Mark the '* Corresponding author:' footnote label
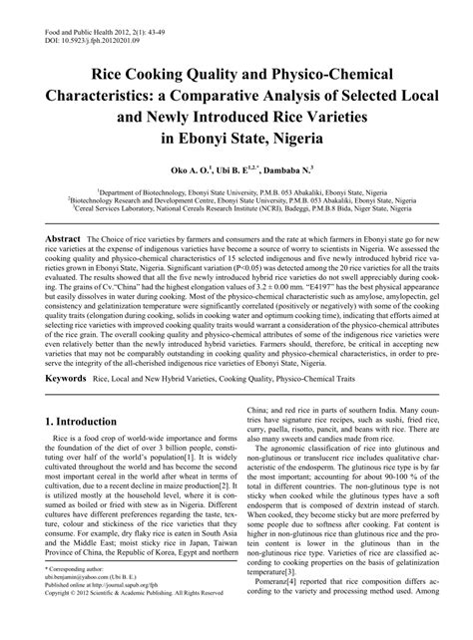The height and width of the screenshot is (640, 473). tap(76, 594)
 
